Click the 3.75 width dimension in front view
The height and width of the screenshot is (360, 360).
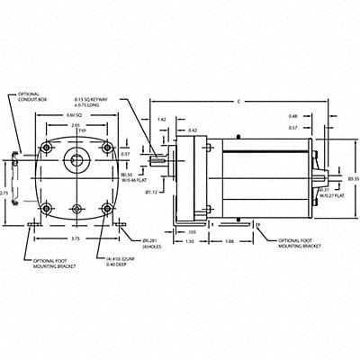coord(76,239)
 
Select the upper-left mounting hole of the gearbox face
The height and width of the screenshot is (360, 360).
coord(47,148)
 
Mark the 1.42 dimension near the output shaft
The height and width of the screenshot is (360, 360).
coord(161,119)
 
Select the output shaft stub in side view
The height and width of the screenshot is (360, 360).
coord(162,164)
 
